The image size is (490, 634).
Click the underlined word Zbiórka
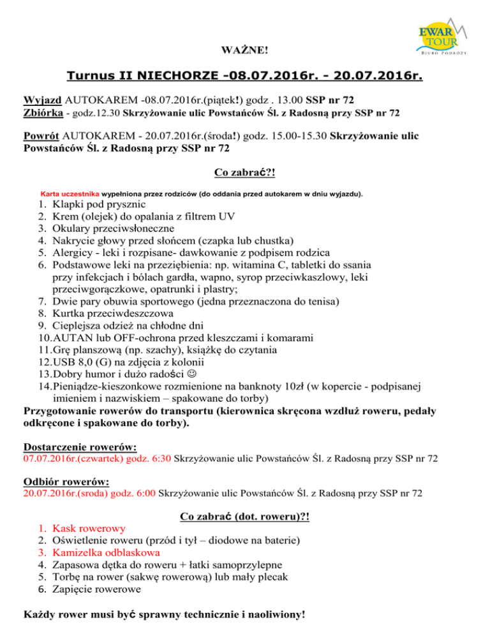click(x=44, y=113)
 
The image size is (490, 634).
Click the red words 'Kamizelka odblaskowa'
click(x=106, y=552)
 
